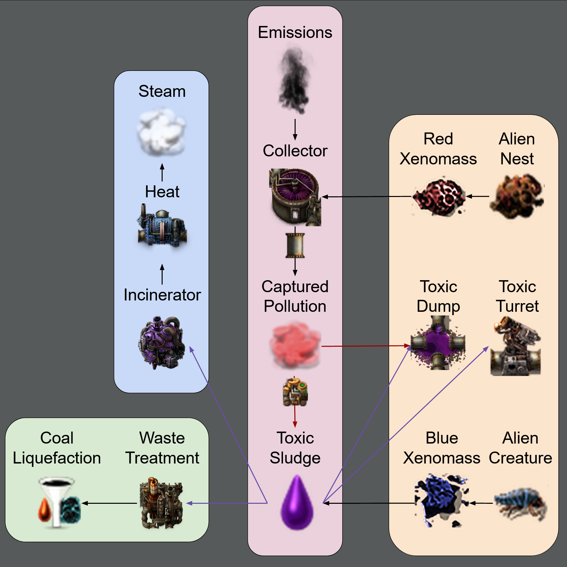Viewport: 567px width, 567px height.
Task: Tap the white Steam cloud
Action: point(161,132)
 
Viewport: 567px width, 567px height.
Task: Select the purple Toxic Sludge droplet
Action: point(297,503)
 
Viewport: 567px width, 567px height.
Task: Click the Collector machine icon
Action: point(295,197)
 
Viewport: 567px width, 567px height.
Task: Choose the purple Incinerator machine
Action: point(162,343)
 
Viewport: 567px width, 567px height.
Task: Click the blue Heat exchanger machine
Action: point(162,226)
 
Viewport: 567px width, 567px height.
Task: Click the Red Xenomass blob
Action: point(438,196)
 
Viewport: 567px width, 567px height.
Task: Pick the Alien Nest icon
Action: point(517,196)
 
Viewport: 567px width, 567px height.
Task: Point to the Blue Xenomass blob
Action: point(441,500)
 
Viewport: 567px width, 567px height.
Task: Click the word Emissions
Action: point(295,33)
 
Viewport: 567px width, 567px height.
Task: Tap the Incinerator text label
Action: point(162,295)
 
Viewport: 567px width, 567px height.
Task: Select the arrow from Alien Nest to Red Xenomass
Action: point(478,196)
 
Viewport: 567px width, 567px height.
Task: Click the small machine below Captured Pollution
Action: point(295,392)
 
